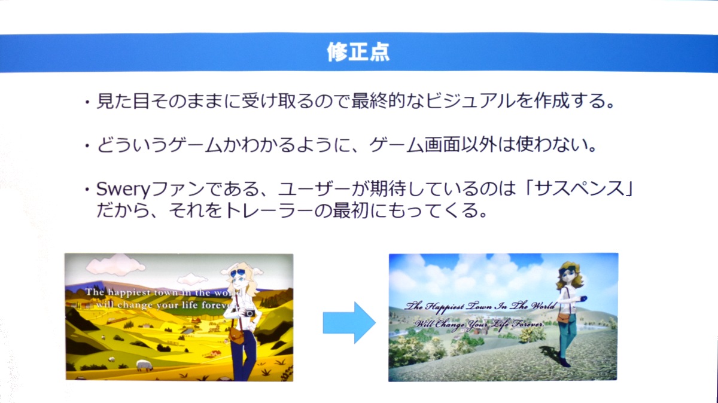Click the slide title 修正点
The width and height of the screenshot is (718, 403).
click(x=358, y=52)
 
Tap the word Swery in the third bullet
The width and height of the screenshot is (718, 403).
click(x=123, y=190)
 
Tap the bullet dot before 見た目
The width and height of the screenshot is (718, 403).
click(x=87, y=102)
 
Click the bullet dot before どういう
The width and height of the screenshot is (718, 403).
click(x=87, y=146)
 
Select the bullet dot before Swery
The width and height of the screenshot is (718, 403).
click(x=87, y=190)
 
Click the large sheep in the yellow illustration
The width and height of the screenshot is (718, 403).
click(x=145, y=365)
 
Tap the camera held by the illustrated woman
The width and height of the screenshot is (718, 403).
click(x=248, y=313)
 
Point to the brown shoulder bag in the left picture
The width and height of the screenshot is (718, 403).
click(x=236, y=335)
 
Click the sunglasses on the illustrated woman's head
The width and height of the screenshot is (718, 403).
click(x=238, y=273)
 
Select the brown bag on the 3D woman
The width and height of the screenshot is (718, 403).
click(x=564, y=317)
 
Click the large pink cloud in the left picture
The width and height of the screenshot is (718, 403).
click(x=115, y=265)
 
